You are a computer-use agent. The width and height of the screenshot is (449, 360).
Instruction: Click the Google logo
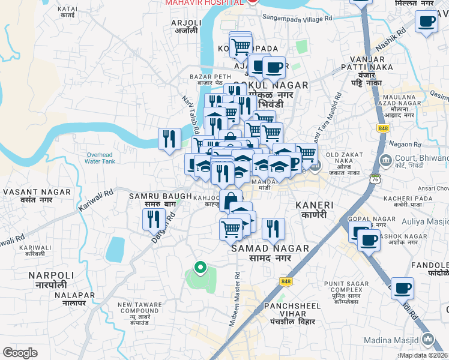tap(20, 352)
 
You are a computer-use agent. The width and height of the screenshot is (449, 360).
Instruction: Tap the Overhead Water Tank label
tap(100, 157)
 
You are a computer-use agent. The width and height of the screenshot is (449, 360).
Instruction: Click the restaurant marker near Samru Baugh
tap(154, 220)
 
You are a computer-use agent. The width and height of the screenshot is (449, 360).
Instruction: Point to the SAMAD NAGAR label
tap(270, 252)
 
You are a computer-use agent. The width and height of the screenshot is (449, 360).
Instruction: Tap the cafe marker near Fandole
tap(402, 287)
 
